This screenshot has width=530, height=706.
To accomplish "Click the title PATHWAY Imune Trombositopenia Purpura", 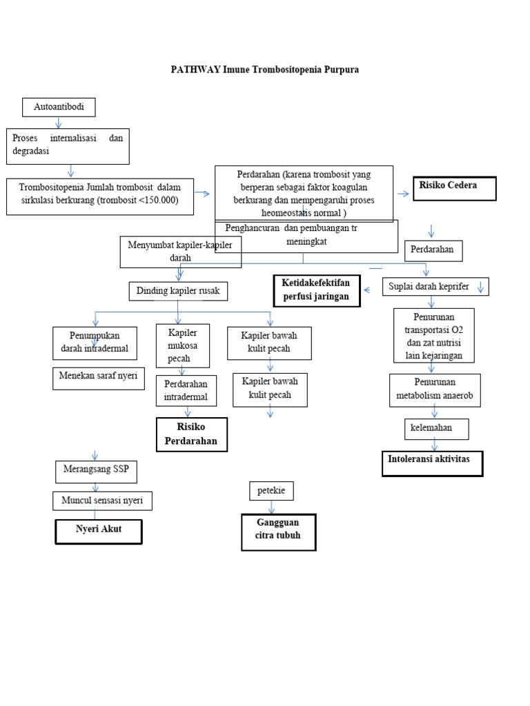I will click(265, 70).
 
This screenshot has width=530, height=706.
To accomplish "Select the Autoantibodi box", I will click(59, 108).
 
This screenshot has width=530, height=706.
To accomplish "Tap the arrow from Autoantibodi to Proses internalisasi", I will click(59, 122).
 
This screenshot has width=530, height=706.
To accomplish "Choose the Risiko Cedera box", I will click(454, 188).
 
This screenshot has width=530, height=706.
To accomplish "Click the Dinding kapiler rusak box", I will click(178, 291).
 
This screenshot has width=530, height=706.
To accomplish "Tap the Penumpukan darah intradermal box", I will click(95, 343).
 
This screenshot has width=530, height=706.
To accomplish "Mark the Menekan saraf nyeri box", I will click(99, 378).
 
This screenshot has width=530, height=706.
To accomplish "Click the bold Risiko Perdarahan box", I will click(191, 434).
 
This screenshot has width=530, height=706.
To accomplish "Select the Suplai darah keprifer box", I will click(435, 285).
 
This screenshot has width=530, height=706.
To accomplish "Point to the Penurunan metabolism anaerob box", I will click(434, 390).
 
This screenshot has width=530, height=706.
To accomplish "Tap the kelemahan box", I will click(436, 428).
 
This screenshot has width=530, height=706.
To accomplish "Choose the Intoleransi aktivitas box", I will click(432, 463).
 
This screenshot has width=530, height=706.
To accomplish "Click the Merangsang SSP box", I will click(96, 472).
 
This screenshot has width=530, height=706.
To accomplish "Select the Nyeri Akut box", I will click(99, 532).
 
